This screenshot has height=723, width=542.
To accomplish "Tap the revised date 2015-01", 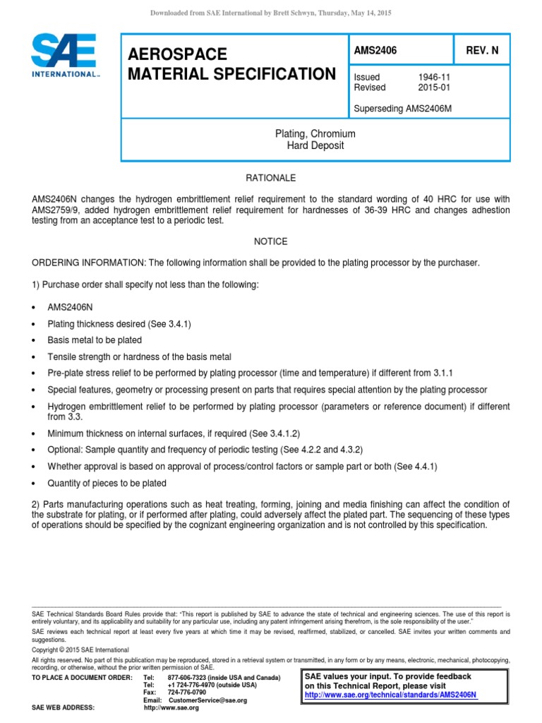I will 434,88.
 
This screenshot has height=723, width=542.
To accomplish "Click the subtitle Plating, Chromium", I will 315,133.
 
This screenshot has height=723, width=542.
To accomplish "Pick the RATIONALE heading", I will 270,178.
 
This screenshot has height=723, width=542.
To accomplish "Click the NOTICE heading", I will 270,241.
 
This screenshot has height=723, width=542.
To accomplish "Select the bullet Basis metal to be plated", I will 95,340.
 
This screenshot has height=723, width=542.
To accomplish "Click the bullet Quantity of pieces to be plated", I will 107,483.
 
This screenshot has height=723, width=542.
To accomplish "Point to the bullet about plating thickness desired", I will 119,324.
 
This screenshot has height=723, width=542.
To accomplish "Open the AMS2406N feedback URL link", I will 390,695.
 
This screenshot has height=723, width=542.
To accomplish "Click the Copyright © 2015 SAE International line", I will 80,650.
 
